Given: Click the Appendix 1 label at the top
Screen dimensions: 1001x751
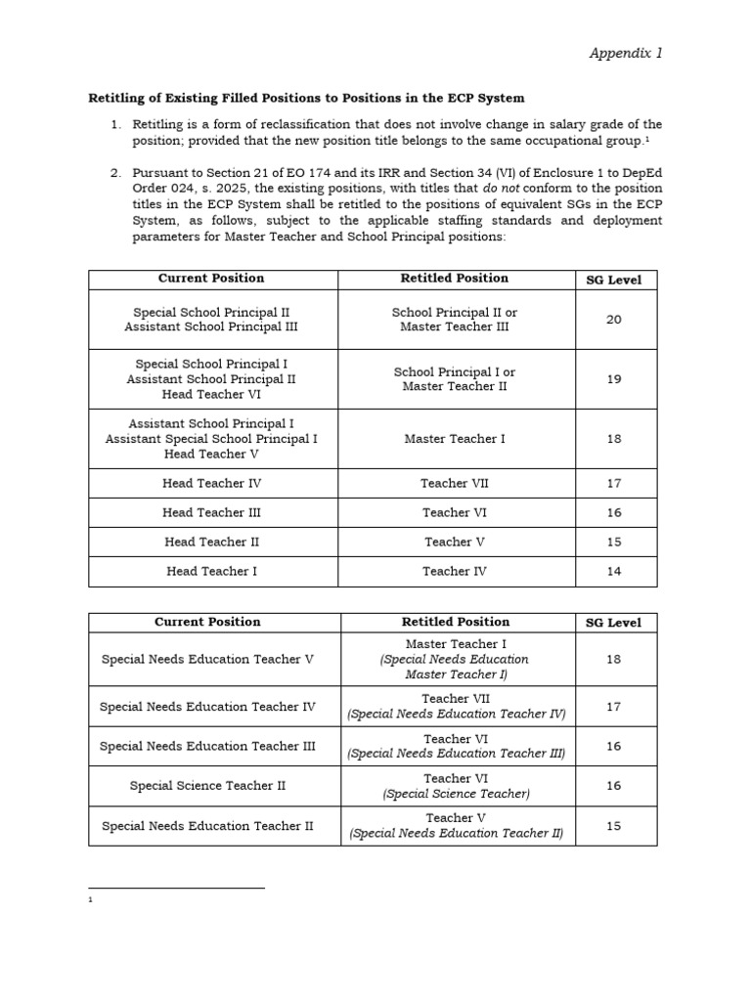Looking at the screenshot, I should tap(625, 53).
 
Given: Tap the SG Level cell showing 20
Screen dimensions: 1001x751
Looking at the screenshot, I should tap(613, 320).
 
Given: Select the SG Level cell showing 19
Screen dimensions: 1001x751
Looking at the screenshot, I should tap(613, 379).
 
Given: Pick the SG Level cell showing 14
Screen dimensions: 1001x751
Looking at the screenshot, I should tap(613, 572).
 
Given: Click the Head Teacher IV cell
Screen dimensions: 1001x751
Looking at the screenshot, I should tap(212, 483).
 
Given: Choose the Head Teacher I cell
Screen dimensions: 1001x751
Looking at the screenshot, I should tap(212, 571).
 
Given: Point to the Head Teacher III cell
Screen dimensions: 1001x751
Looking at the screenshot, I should tap(212, 512).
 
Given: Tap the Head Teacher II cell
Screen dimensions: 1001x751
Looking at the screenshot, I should tap(212, 542).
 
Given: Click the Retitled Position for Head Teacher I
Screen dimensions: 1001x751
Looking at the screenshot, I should tap(455, 571).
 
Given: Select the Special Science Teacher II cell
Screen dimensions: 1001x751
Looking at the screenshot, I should tap(207, 785).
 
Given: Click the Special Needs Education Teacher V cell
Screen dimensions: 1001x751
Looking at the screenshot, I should tap(207, 659).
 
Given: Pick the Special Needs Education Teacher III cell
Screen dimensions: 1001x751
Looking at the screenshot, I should tap(207, 746).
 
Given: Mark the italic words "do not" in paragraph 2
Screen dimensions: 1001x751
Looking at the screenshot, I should tap(502, 188).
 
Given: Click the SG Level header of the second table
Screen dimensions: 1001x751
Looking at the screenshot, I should tap(613, 623).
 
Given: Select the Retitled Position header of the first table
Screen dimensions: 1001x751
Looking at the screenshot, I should tap(455, 279).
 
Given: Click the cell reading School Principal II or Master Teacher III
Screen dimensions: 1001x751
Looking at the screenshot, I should tap(455, 320).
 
